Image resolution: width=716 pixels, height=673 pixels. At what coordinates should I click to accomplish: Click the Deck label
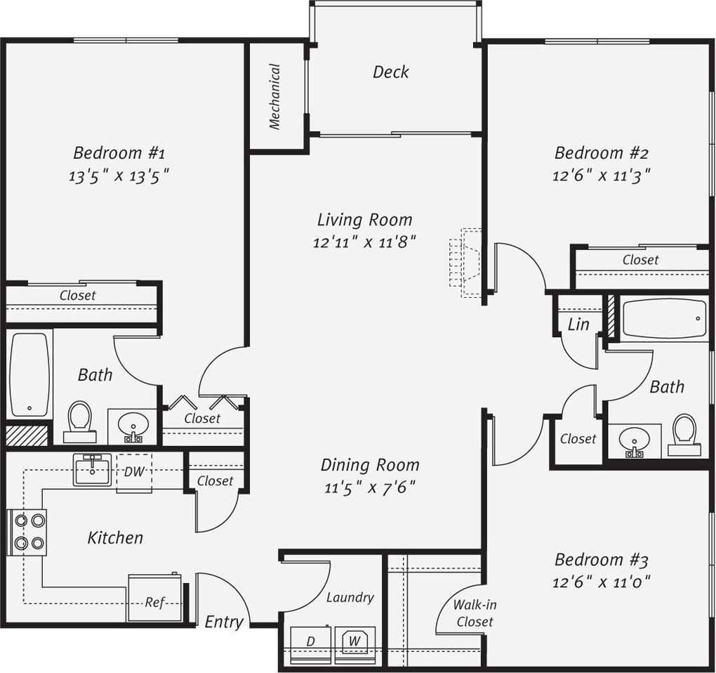390,72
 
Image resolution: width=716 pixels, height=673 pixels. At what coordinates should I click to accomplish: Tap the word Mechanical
274,96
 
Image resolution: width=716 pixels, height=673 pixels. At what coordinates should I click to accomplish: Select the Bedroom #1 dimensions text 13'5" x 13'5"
119,176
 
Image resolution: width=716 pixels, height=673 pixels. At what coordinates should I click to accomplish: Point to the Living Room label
364,220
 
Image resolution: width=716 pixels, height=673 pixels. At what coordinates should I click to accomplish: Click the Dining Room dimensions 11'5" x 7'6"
369,488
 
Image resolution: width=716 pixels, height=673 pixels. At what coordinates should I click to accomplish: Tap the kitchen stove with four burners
27,532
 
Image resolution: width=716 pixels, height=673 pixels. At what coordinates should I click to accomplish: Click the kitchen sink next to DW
92,470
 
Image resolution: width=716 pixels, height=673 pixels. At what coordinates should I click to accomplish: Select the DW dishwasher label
134,471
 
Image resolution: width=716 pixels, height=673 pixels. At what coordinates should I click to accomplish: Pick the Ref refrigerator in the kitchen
155,599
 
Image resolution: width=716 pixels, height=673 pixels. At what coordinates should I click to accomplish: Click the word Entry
224,622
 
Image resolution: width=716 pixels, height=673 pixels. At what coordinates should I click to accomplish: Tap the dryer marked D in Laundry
311,645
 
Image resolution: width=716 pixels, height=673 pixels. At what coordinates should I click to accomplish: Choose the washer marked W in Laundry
354,645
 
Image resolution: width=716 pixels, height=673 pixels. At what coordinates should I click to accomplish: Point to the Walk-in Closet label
475,613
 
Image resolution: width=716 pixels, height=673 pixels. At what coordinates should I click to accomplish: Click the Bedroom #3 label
601,559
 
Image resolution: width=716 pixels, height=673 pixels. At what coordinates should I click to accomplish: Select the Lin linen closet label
578,325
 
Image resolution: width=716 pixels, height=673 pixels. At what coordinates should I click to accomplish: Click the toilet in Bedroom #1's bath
80,422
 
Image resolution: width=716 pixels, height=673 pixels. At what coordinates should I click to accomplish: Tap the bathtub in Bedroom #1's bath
29,374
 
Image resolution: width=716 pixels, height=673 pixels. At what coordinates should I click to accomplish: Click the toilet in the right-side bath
684,435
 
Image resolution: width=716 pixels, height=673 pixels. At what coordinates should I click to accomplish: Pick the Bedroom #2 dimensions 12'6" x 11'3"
601,176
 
